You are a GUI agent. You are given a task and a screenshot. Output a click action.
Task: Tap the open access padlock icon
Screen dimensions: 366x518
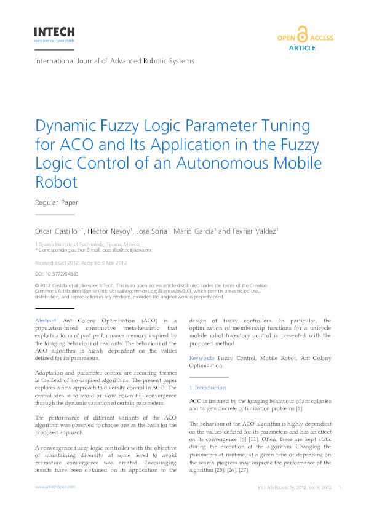(302, 34)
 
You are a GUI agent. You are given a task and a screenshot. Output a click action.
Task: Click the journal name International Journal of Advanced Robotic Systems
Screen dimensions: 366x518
(114, 61)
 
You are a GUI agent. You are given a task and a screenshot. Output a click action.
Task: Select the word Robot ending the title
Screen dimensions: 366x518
(57, 183)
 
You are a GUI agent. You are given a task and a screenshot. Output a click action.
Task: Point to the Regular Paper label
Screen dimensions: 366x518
(56, 202)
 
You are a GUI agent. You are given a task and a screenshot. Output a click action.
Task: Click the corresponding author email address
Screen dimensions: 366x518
(127, 250)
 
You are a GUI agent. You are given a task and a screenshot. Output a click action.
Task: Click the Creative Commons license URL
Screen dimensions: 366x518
(162, 291)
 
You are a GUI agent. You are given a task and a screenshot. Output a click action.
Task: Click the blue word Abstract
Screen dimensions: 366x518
(46, 321)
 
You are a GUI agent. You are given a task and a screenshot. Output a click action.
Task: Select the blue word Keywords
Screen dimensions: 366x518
(202, 357)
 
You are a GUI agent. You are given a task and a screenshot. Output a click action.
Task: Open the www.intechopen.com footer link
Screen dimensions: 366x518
(55, 487)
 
